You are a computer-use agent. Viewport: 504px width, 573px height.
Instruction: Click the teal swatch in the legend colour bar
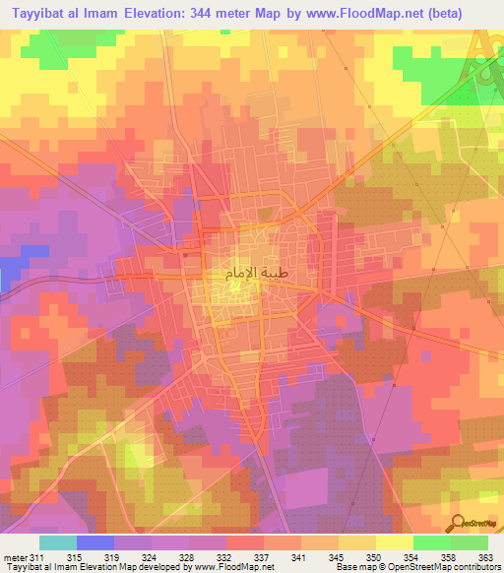pos(58,543)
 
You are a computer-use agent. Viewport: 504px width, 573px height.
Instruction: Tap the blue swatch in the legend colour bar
pos(95,543)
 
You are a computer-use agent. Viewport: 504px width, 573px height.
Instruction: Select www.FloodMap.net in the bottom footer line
pos(230,568)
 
